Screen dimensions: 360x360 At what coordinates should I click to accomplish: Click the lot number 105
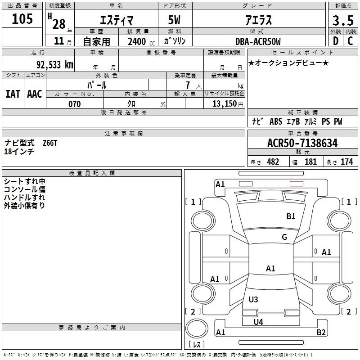22,18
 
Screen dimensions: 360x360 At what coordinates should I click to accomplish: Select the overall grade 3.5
343,21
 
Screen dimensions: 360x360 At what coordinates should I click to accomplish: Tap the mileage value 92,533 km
55,65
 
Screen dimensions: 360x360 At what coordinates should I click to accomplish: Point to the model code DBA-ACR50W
258,41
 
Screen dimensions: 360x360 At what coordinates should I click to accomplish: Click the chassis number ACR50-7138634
302,143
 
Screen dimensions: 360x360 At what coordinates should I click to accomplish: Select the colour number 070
75,104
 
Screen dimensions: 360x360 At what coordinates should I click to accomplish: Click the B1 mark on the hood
291,216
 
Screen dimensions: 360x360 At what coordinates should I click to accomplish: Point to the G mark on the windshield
284,237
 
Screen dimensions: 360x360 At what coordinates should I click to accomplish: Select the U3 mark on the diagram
253,299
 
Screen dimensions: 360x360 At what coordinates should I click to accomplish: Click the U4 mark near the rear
258,322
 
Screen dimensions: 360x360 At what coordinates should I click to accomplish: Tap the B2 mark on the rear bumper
321,332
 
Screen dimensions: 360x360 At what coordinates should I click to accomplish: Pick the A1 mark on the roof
270,268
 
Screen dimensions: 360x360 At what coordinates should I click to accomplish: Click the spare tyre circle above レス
197,328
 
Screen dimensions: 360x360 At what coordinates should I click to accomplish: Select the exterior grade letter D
336,41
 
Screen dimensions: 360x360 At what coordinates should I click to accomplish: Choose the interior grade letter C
350,41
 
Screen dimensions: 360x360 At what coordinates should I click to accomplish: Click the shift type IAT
13,94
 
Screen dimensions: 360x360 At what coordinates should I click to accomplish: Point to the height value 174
346,162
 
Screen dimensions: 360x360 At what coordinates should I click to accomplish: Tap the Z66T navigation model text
50,143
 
